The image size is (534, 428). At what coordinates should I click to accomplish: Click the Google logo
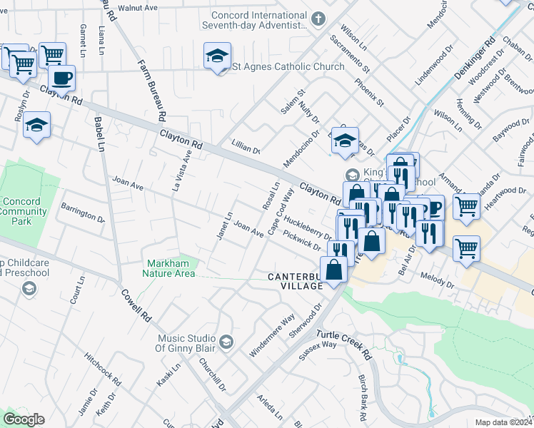(x=24, y=419)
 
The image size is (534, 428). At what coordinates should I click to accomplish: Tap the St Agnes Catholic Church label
(x=289, y=66)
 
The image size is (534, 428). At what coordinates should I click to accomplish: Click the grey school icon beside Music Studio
(x=226, y=343)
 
